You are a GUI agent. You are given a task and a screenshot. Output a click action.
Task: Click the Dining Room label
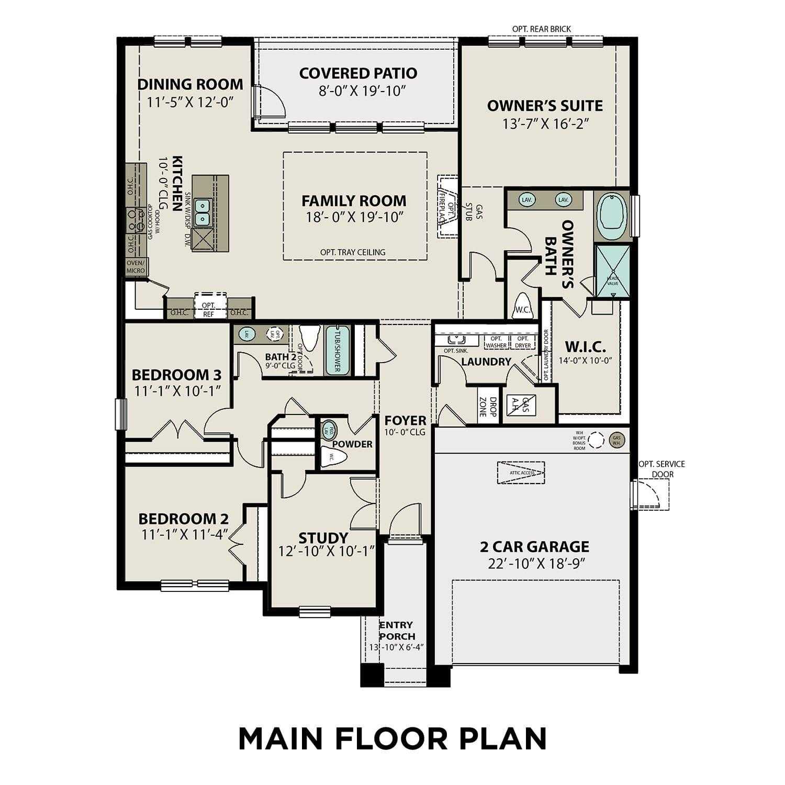(x=190, y=84)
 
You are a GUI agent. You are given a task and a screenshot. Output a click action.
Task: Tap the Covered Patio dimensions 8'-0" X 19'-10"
(x=363, y=91)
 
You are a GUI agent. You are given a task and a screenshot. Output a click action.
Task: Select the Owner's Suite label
(x=545, y=106)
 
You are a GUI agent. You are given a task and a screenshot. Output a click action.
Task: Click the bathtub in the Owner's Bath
(x=612, y=215)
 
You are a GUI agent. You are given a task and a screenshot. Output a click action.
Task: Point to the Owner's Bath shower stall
(x=613, y=272)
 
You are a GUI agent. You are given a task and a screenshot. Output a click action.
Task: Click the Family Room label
(x=354, y=200)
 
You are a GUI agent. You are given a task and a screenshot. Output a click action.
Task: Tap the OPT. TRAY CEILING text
(x=353, y=252)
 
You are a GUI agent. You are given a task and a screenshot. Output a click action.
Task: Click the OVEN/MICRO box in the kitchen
(x=136, y=266)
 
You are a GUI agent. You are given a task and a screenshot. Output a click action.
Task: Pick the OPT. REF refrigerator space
(x=208, y=309)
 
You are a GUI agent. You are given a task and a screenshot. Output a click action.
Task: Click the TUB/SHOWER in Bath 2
(x=337, y=351)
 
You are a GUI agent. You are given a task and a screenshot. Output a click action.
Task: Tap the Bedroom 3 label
(x=176, y=375)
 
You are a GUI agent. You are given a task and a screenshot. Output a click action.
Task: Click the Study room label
(x=323, y=538)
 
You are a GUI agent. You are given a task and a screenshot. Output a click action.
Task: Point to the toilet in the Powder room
(x=333, y=457)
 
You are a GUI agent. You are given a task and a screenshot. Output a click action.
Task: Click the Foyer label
(x=405, y=420)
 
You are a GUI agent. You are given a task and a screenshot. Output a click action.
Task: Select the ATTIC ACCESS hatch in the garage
(x=521, y=472)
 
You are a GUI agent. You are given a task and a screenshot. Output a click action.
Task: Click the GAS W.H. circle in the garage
(x=616, y=440)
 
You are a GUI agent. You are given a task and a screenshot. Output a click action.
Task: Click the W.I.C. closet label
(x=585, y=346)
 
